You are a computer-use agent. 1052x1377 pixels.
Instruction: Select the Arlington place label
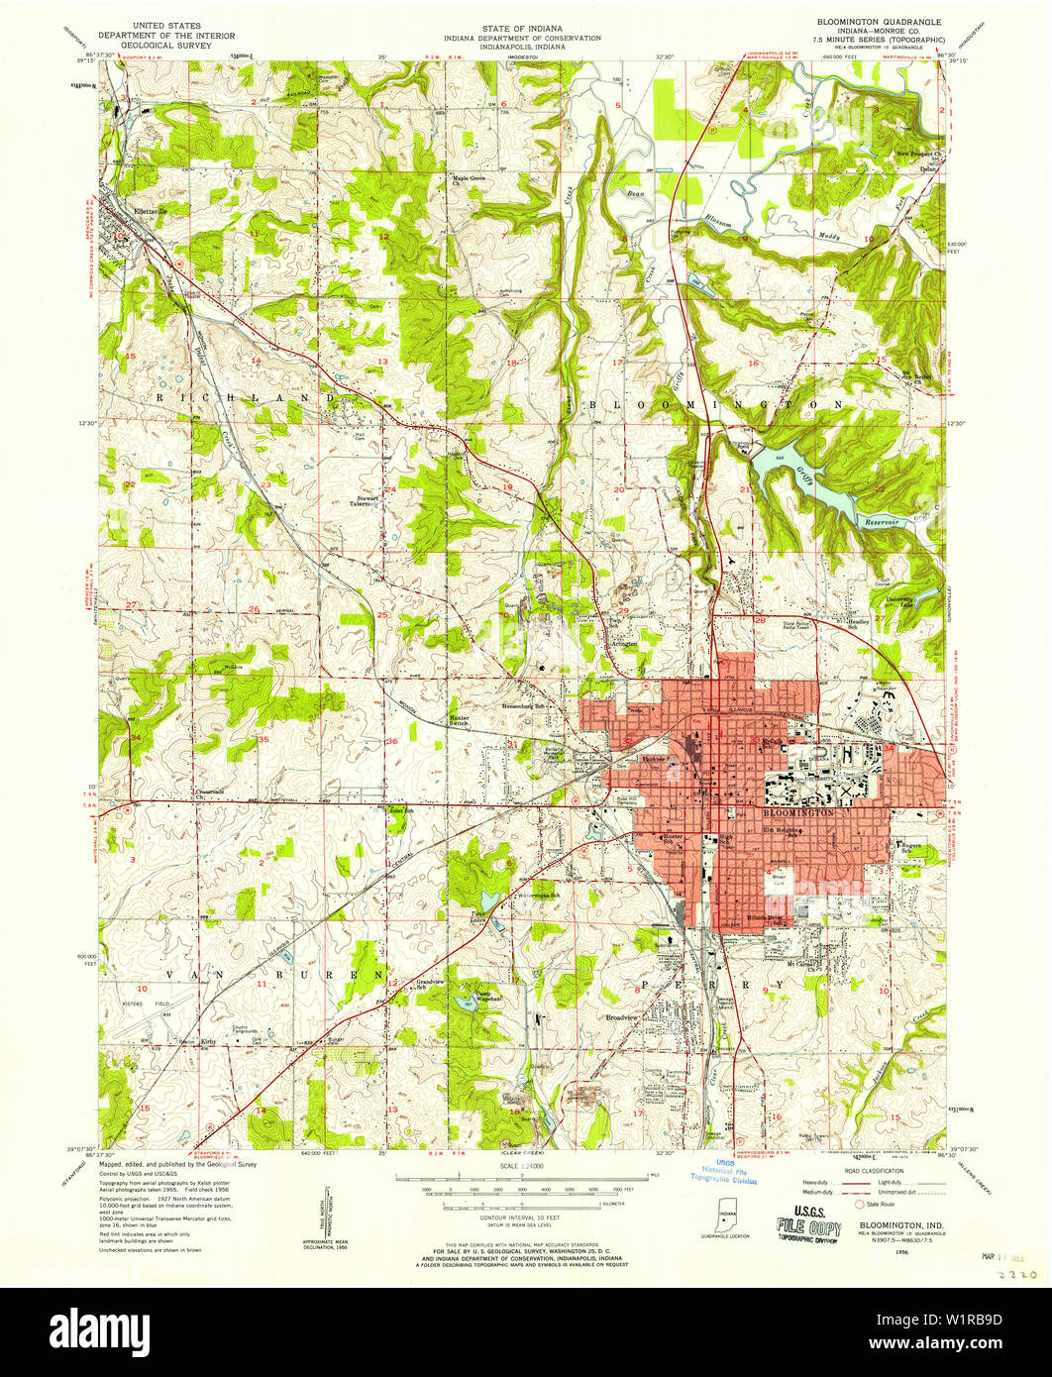point(623,643)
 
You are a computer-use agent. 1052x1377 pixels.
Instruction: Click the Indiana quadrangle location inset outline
point(726,1216)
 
